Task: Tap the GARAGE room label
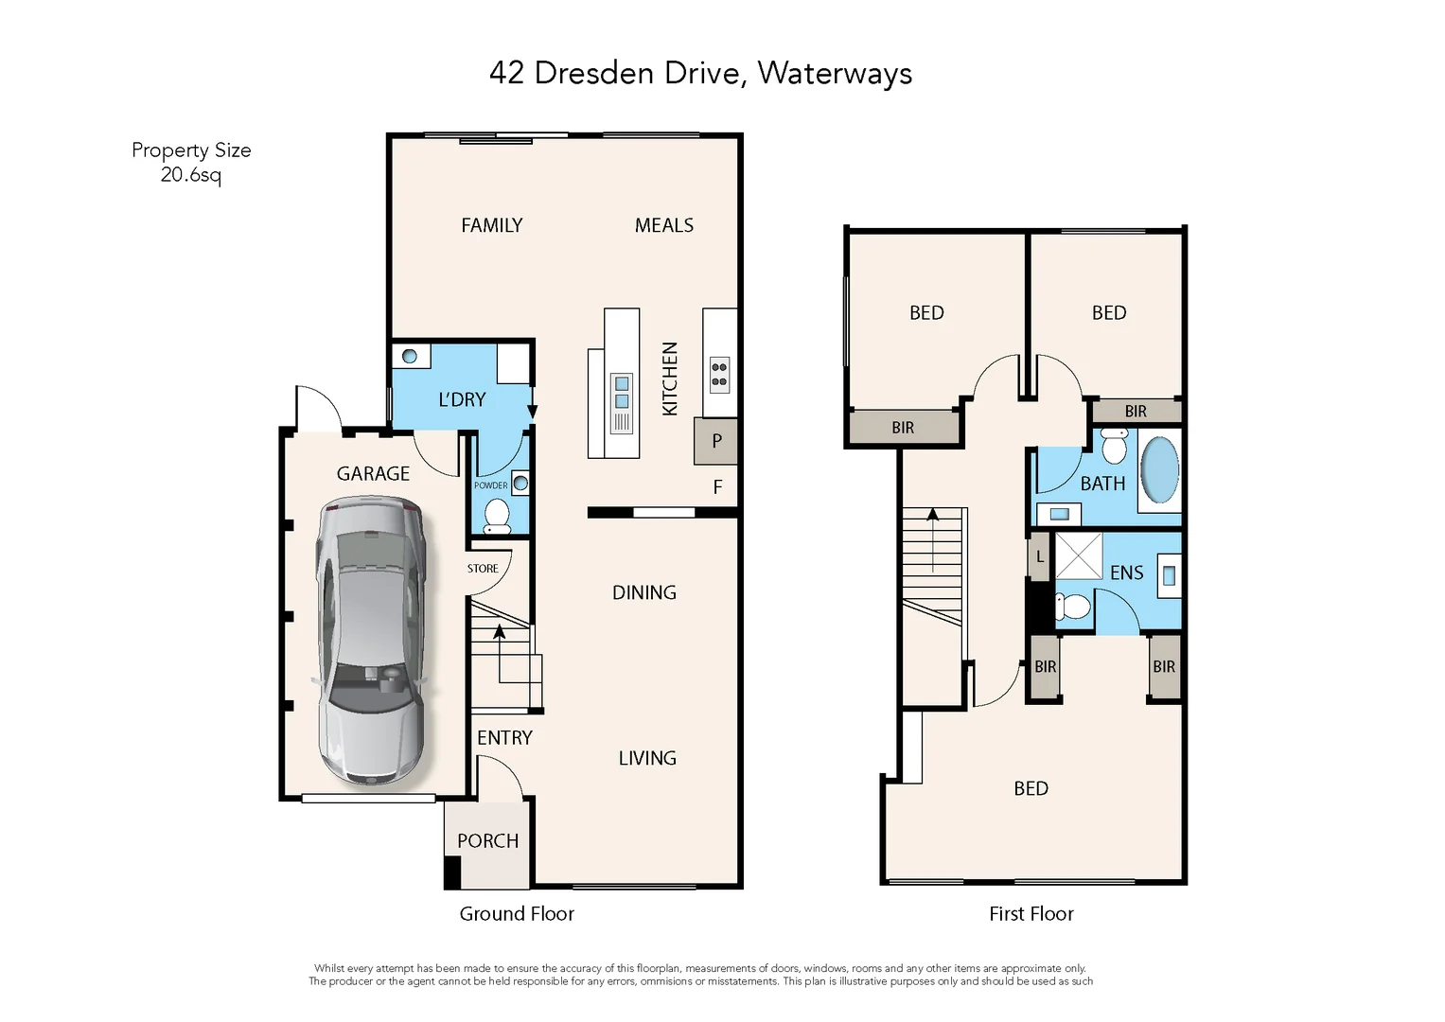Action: (x=373, y=474)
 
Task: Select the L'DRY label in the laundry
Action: (x=462, y=400)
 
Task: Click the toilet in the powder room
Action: (x=497, y=517)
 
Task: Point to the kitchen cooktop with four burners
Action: (x=719, y=375)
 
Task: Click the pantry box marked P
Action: (x=716, y=441)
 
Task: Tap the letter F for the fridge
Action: (x=717, y=487)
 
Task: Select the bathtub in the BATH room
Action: (x=1159, y=470)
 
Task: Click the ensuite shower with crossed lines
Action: (x=1079, y=555)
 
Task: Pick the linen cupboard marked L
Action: (x=1039, y=557)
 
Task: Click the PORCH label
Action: (x=487, y=841)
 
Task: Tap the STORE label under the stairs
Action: (x=483, y=569)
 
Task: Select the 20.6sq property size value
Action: (x=190, y=175)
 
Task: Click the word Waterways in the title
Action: (x=835, y=74)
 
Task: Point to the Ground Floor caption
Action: (x=517, y=914)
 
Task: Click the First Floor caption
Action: (x=1031, y=914)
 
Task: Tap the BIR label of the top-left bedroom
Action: (x=903, y=428)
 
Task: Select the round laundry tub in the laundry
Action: (x=410, y=357)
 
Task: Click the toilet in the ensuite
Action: (x=1073, y=606)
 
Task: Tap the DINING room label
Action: (x=643, y=593)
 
